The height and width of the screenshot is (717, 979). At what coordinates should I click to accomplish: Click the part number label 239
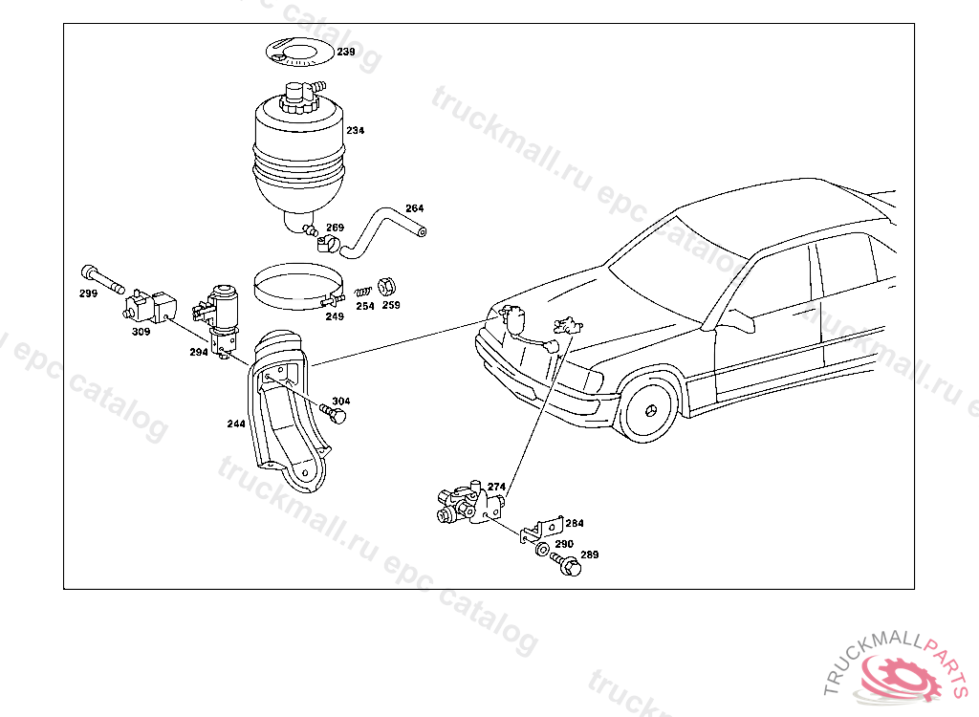[x=345, y=52]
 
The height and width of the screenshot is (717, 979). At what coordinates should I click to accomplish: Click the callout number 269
[x=335, y=228]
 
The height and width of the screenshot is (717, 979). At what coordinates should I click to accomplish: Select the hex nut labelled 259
[x=388, y=286]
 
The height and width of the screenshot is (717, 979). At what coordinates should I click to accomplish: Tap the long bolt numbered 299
[x=102, y=278]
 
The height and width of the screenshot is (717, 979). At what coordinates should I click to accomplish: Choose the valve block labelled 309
[x=150, y=305]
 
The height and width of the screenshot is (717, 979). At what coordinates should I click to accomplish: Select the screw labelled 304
[x=335, y=414]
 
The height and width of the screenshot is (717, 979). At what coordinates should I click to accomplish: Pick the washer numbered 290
[x=542, y=550]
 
